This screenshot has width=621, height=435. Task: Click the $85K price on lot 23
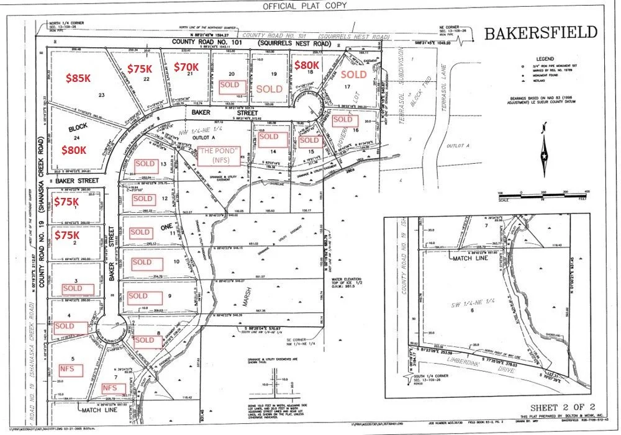point(78,78)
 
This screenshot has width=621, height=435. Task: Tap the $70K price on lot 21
point(185,66)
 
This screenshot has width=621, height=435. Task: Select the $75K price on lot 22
point(140,68)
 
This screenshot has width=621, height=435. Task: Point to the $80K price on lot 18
point(306,65)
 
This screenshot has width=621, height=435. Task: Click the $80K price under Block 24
point(75,150)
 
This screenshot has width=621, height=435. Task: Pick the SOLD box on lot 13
point(145,164)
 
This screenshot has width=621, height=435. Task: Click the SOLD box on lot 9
point(138,296)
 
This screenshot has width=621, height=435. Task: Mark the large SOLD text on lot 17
point(353,74)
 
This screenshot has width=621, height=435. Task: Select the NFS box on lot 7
point(110,387)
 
